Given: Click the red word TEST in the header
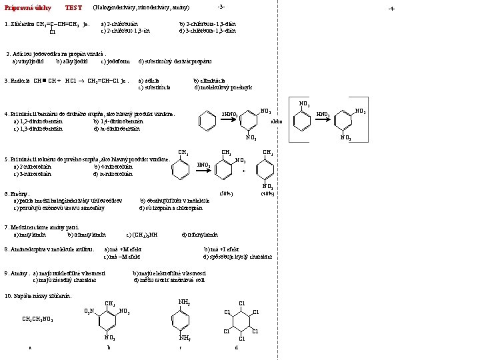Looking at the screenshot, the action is pyautogui.click(x=73, y=8).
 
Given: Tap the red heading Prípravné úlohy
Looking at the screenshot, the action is pyautogui.click(x=25, y=8).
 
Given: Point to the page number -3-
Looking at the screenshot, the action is pyautogui.click(x=221, y=7).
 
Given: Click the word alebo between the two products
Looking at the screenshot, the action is pyautogui.click(x=276, y=121).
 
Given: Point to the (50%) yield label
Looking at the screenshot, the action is pyautogui.click(x=226, y=193).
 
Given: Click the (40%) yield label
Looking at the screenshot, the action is pyautogui.click(x=268, y=193).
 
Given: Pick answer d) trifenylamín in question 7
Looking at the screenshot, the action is pyautogui.click(x=200, y=235).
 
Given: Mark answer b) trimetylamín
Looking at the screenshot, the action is pyautogui.click(x=87, y=235).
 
